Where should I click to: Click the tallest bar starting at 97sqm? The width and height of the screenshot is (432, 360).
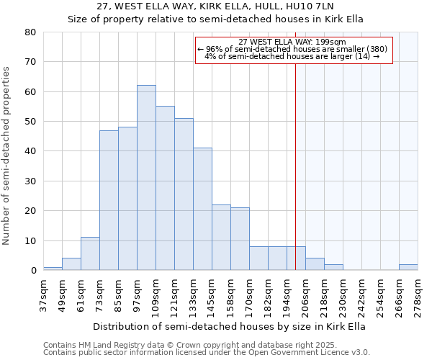pyautogui.click(x=146, y=178)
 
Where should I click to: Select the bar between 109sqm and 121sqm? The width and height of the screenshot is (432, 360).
pyautogui.click(x=165, y=188)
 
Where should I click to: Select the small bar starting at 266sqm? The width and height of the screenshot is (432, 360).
pyautogui.click(x=408, y=267)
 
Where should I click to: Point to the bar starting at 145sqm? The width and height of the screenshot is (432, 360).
pyautogui.click(x=221, y=238)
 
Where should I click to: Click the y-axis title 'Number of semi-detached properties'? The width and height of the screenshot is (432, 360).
pyautogui.click(x=7, y=156)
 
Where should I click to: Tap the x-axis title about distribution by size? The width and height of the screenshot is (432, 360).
pyautogui.click(x=230, y=326)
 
